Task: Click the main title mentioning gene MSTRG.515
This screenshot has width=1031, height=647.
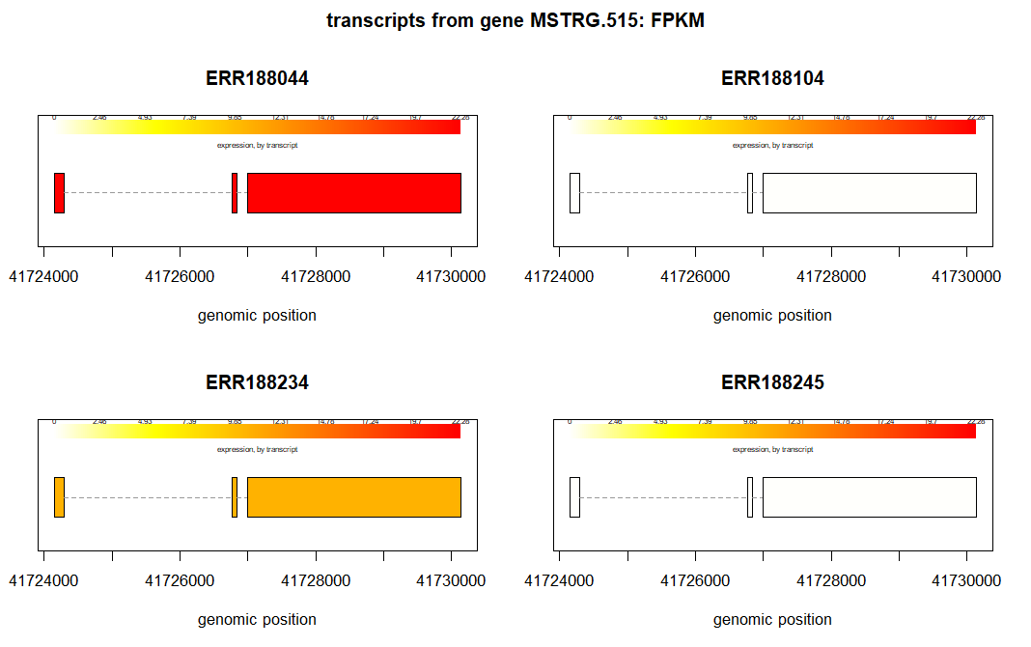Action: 515,20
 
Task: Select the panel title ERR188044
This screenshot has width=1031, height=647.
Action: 257,79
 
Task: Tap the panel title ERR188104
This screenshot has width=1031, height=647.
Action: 772,79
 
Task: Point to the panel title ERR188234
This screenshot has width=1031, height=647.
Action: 257,383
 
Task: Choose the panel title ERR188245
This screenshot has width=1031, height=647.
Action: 772,383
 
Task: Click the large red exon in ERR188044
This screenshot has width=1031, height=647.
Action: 354,193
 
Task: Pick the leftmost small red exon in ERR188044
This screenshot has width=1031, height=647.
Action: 59,193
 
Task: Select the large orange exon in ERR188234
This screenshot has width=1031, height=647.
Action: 354,497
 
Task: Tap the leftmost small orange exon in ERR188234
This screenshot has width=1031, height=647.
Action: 59,497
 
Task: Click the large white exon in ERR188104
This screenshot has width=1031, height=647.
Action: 870,193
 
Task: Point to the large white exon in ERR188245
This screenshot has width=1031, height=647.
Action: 870,497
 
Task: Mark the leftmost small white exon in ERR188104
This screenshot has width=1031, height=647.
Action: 574,193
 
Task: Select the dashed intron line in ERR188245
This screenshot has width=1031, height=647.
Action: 662,497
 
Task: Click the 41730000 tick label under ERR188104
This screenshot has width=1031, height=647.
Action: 966,277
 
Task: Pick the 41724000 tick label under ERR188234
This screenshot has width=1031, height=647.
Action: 44,581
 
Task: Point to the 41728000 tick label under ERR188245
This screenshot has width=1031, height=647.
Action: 831,581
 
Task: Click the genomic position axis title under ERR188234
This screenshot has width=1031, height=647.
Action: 257,619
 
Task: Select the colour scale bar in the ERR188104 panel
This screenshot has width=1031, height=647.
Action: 772,127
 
